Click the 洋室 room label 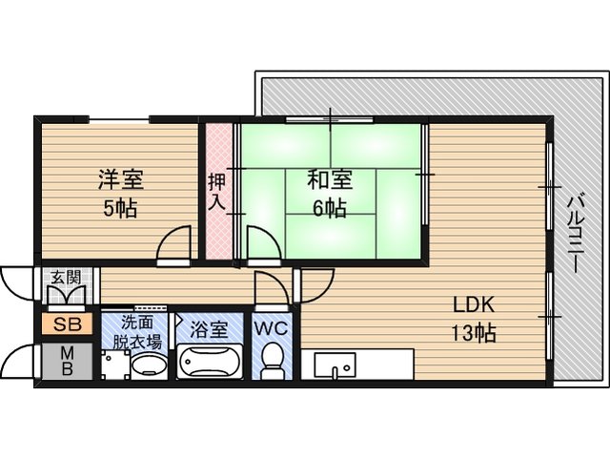click(x=121, y=179)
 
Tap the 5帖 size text click(x=120, y=209)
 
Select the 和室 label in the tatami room click(x=330, y=179)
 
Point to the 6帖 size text click(x=330, y=208)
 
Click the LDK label click(x=474, y=304)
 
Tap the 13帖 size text click(x=474, y=333)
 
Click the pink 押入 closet click(x=218, y=192)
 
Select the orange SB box click(x=68, y=324)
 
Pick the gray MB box click(x=68, y=361)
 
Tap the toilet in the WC click(x=272, y=361)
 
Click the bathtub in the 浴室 click(x=210, y=362)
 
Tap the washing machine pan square click(x=115, y=364)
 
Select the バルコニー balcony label click(x=576, y=235)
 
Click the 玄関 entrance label click(x=67, y=278)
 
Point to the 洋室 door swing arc click(x=173, y=242)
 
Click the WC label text click(x=271, y=328)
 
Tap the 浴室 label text click(x=209, y=330)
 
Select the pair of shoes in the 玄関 click(x=67, y=295)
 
